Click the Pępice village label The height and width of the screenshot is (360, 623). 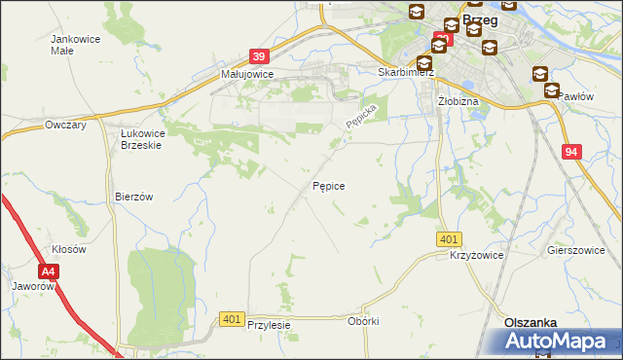tap(328, 185)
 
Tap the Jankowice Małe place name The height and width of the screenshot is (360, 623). tap(70, 45)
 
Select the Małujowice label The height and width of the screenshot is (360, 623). tap(246, 74)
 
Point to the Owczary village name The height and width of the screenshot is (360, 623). tap(67, 126)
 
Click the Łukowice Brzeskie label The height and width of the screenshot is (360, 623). tap(140, 138)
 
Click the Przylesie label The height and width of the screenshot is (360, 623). tap(270, 326)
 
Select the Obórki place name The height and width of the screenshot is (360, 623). tap(362, 321)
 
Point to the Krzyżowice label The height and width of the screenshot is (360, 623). tap(475, 255)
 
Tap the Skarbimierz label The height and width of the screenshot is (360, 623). tap(405, 72)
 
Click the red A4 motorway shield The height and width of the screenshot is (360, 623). tap(49, 273)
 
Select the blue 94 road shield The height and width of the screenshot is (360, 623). tap(572, 151)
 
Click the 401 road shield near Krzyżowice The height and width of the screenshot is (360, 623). tap(449, 239)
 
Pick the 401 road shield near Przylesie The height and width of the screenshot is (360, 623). tap(232, 319)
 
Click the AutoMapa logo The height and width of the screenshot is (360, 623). tap(559, 342)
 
